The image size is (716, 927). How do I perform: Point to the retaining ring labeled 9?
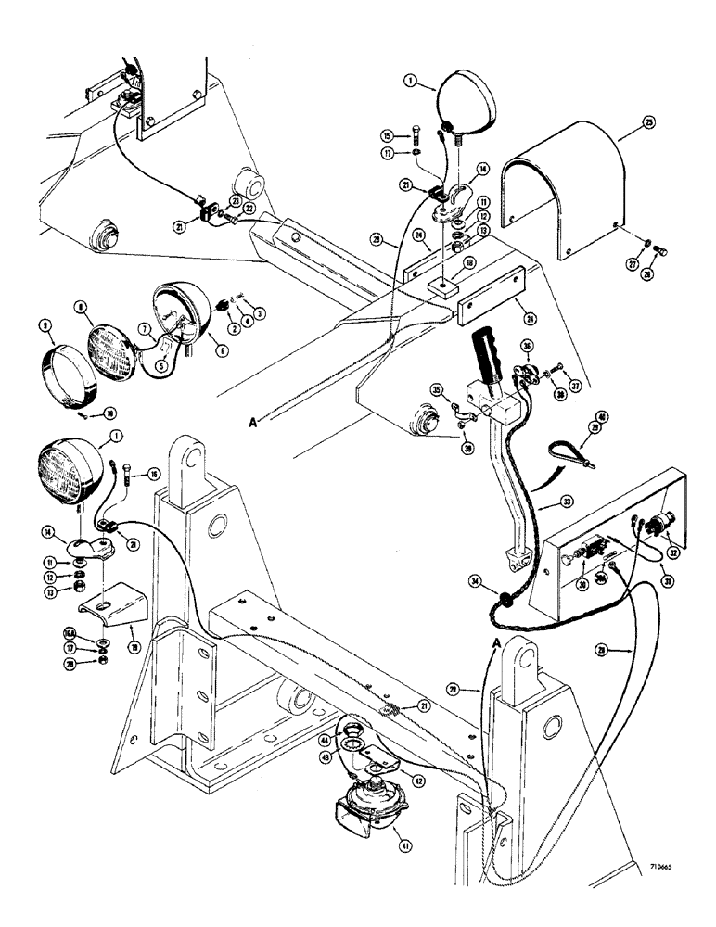tap(68, 365)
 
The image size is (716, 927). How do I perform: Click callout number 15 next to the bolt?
tap(415, 133)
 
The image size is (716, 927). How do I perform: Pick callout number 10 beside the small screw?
tap(84, 413)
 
